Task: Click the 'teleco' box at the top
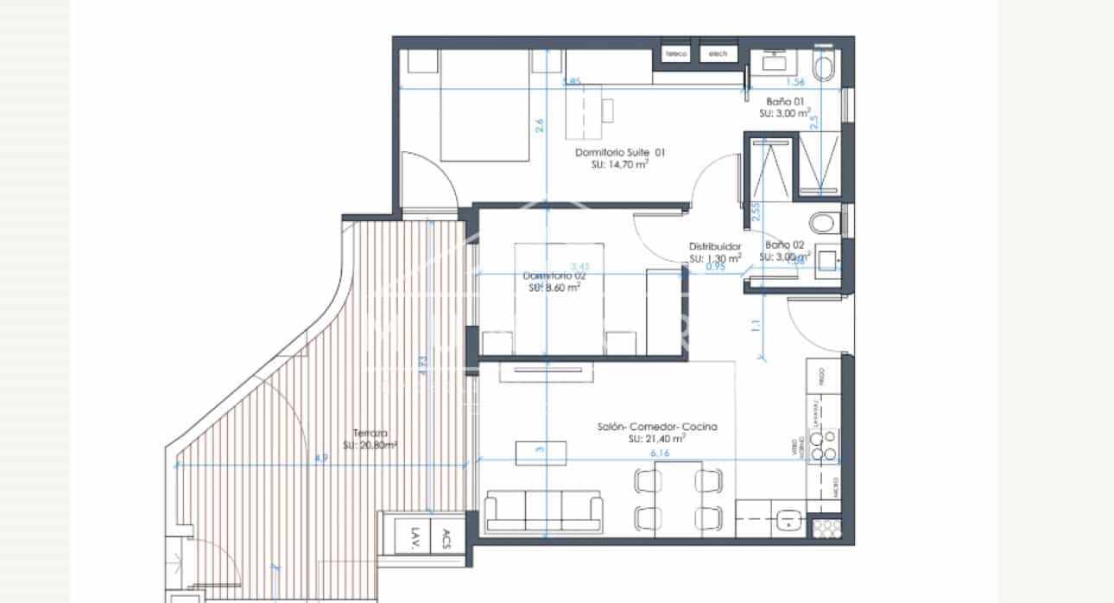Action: [x=676, y=54]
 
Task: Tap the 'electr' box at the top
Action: [x=718, y=54]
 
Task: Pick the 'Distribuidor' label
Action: [x=714, y=246]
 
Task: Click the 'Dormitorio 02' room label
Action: [x=554, y=276]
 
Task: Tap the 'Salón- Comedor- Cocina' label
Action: [x=657, y=427]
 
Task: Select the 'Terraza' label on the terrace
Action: [x=370, y=434]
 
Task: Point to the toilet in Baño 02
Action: [x=825, y=223]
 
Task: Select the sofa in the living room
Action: [x=543, y=511]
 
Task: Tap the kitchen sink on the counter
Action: [x=788, y=521]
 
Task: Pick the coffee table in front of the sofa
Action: [x=541, y=452]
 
